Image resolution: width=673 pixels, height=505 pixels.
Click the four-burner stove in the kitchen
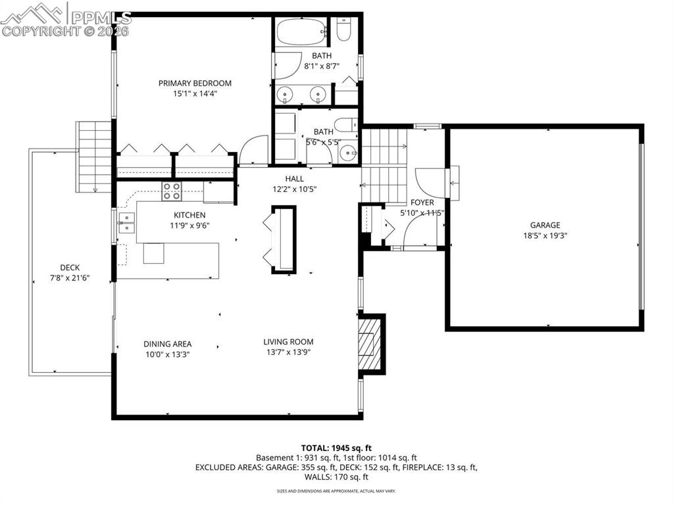(x=172, y=191)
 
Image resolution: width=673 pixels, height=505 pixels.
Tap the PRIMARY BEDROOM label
(x=195, y=83)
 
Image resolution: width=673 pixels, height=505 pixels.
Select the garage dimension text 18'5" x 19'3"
(x=545, y=235)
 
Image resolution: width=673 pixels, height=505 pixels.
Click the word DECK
(x=70, y=267)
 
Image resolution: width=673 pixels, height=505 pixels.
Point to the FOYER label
(x=422, y=203)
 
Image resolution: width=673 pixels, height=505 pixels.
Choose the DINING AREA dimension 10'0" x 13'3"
(x=168, y=354)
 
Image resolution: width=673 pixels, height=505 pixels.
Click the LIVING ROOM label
(x=288, y=341)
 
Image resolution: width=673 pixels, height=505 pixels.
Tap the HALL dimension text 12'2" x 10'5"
(x=294, y=189)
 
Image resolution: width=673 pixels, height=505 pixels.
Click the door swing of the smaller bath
(x=253, y=151)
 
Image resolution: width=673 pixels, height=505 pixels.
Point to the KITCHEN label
(x=189, y=215)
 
